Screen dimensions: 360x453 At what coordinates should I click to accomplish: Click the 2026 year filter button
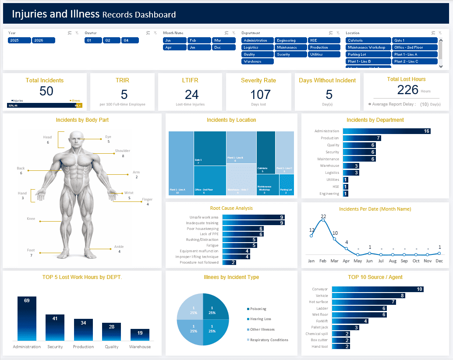43,40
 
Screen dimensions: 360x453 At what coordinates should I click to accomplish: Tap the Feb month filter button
199,40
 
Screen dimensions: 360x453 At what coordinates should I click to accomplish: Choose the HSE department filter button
324,40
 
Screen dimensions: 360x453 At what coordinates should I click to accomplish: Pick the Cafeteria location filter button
368,40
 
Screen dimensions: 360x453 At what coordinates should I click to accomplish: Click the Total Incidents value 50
46,91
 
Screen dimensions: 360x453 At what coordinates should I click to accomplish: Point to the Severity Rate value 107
261,94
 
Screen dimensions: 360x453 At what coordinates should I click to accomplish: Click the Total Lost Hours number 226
408,90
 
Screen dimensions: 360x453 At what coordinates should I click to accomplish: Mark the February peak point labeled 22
323,220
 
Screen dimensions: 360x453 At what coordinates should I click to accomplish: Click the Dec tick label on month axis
439,261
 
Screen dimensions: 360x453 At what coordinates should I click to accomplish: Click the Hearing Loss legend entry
260,319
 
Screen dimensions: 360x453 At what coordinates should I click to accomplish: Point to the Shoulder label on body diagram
123,151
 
